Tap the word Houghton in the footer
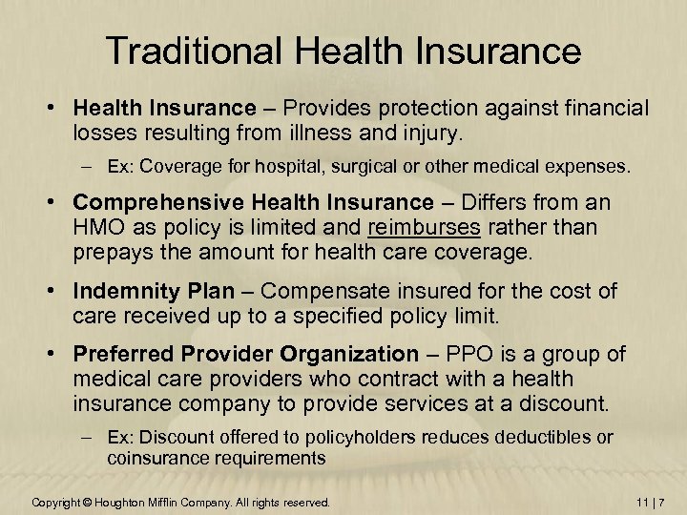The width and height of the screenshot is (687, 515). (126, 502)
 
